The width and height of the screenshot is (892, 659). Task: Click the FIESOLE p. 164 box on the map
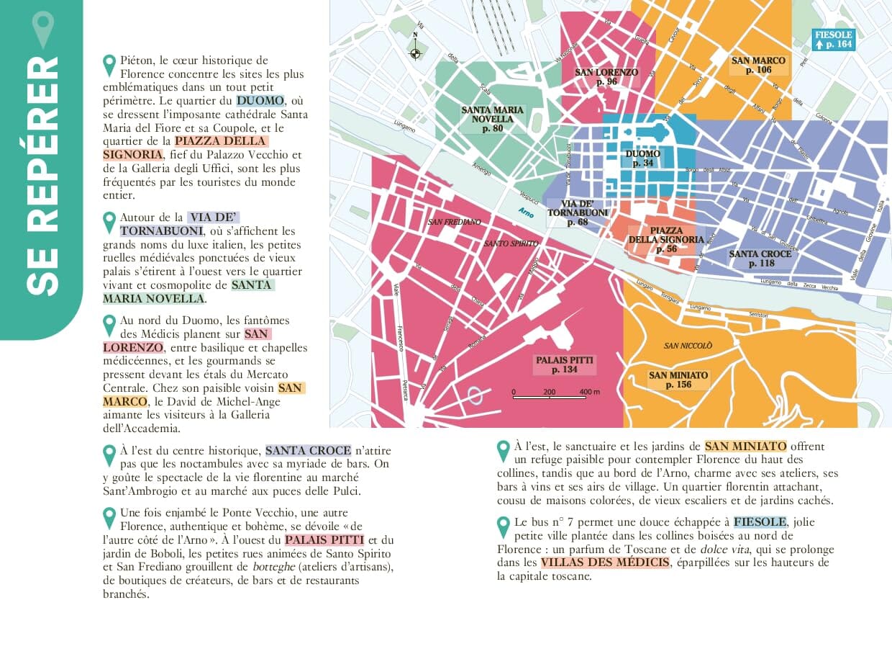(x=833, y=40)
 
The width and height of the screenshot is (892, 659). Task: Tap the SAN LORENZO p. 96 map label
(x=606, y=77)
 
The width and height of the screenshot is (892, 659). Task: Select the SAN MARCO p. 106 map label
(x=758, y=66)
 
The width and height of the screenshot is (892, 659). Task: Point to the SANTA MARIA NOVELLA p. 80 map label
(x=493, y=119)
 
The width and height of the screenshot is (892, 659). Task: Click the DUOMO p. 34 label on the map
(x=642, y=158)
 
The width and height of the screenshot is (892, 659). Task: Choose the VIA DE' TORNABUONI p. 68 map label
(x=577, y=212)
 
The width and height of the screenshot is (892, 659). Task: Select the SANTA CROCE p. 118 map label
(x=760, y=259)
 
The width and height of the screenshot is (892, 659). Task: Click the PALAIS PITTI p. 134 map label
(x=565, y=364)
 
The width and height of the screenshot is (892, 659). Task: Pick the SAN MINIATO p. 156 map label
(x=678, y=380)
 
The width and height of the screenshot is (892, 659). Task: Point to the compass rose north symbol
(x=415, y=51)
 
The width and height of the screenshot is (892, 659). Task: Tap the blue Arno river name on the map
(x=527, y=211)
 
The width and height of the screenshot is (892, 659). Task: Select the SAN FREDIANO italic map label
(x=454, y=222)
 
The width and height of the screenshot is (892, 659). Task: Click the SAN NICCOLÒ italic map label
(x=688, y=346)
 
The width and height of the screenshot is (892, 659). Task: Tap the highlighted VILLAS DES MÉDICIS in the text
(x=604, y=562)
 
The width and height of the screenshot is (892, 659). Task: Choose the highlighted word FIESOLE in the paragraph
(x=760, y=522)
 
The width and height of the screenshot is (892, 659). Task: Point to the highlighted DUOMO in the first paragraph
(x=260, y=101)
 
